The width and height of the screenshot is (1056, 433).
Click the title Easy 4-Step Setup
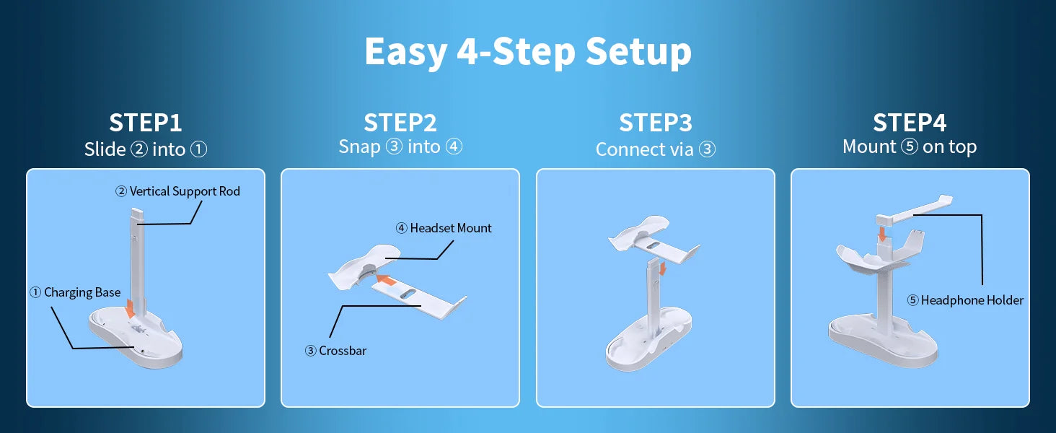(528, 53)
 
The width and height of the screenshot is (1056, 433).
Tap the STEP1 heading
(145, 123)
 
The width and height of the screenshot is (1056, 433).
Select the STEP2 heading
(400, 123)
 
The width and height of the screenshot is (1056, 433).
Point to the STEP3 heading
(655, 123)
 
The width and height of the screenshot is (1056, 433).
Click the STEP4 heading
(910, 123)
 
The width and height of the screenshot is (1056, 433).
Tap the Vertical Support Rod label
(177, 191)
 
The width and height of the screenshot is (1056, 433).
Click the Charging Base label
(75, 292)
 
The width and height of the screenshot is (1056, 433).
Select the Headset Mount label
(444, 228)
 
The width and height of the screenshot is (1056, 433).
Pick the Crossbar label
(335, 351)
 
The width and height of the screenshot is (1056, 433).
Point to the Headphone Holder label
(965, 300)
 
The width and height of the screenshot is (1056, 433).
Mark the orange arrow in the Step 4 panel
(881, 234)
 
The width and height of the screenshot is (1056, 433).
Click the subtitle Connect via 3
(655, 149)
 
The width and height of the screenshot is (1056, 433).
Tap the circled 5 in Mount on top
(910, 146)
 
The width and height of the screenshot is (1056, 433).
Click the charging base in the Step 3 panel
(649, 341)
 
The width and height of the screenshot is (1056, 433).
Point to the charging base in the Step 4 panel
(882, 341)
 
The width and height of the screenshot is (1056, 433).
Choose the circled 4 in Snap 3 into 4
(454, 146)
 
